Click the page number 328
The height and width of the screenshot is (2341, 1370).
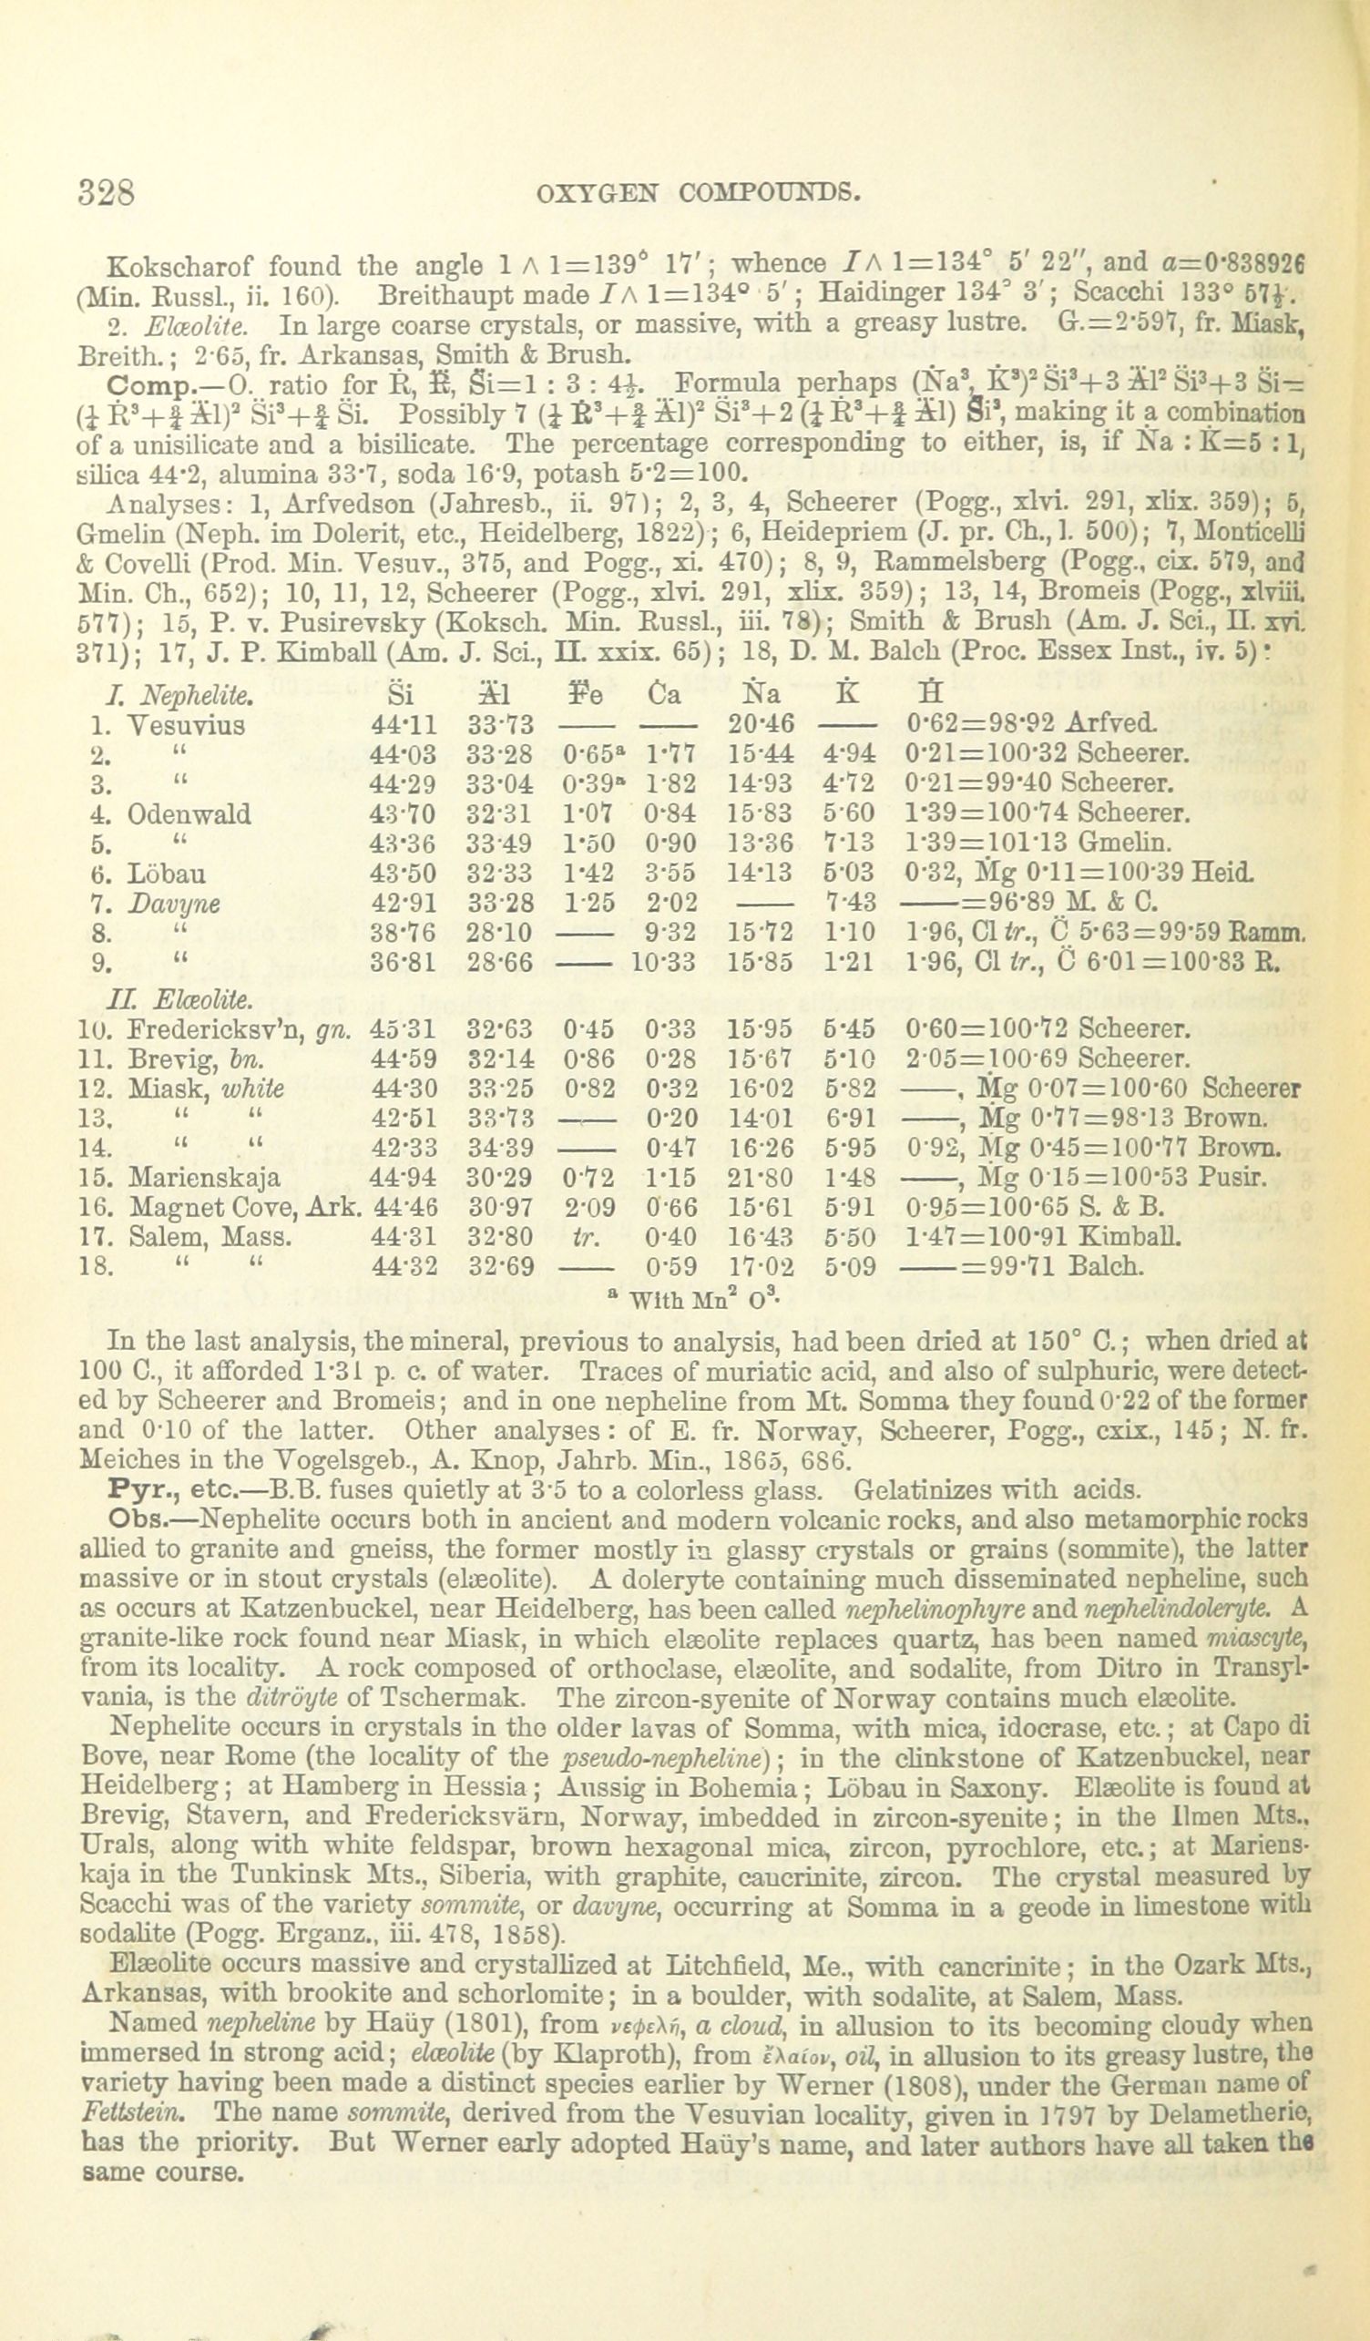pyautogui.click(x=107, y=191)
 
